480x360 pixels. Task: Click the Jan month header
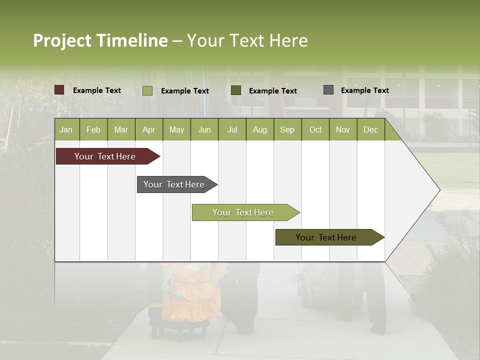pyautogui.click(x=66, y=129)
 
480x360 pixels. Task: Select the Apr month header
pyautogui.click(x=149, y=129)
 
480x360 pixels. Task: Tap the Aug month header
pyautogui.click(x=259, y=129)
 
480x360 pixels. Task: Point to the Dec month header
pyautogui.click(x=370, y=129)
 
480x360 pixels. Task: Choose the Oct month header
pyautogui.click(x=315, y=129)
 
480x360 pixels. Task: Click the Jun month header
pyautogui.click(x=204, y=129)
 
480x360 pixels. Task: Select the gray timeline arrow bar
pyautogui.click(x=175, y=184)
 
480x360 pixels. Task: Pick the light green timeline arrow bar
pyautogui.click(x=244, y=212)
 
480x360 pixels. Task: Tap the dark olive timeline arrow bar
pyautogui.click(x=328, y=237)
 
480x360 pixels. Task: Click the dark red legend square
pyautogui.click(x=59, y=90)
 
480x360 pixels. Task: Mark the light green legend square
pyautogui.click(x=147, y=90)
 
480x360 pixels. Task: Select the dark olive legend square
pyautogui.click(x=236, y=90)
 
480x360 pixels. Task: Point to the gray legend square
pyautogui.click(x=328, y=90)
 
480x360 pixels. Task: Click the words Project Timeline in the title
pyautogui.click(x=100, y=40)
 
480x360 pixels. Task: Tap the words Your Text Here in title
pyautogui.click(x=247, y=40)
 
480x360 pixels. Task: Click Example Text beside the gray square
pyautogui.click(x=364, y=90)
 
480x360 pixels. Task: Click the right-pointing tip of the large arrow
pyautogui.click(x=437, y=190)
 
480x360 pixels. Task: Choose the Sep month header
pyautogui.click(x=287, y=129)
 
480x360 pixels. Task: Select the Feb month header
pyautogui.click(x=93, y=129)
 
